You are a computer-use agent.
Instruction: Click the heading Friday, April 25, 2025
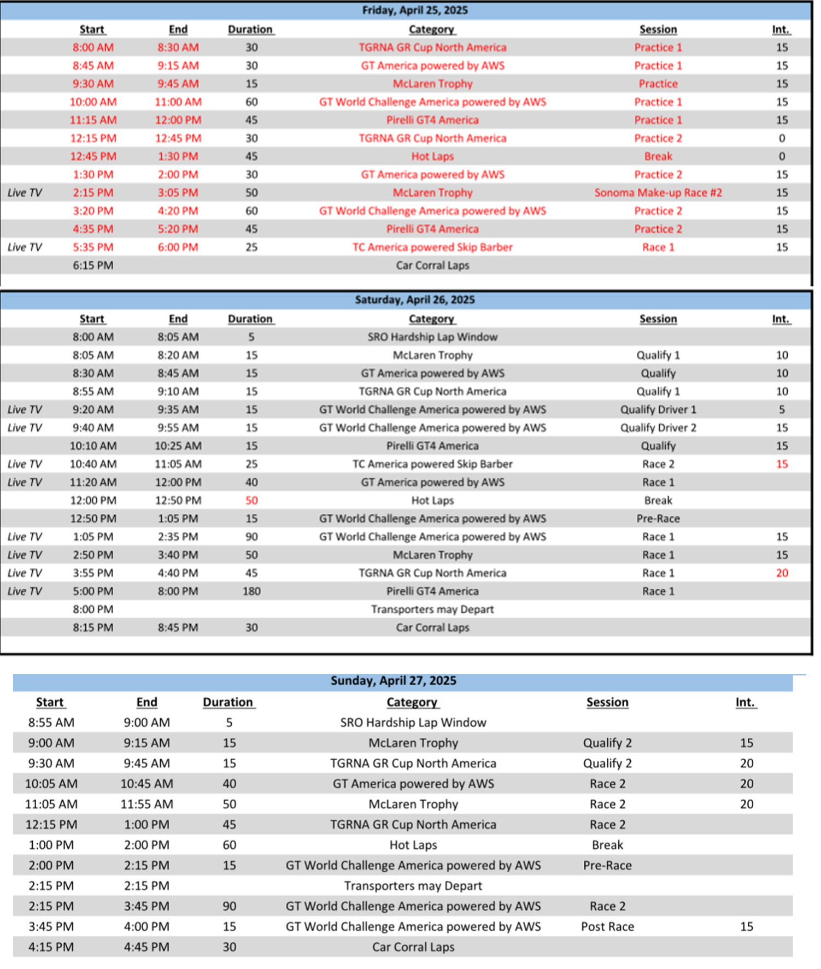click(x=415, y=10)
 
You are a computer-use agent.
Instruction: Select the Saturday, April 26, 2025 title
click(x=415, y=299)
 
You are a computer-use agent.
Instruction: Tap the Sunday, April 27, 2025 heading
click(x=394, y=680)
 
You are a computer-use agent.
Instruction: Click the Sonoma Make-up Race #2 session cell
click(x=658, y=192)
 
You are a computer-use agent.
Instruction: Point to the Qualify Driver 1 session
click(x=658, y=409)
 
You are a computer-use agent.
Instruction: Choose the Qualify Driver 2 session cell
click(x=658, y=427)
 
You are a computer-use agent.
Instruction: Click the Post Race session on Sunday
click(x=607, y=926)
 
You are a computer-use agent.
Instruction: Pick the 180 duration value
click(x=251, y=591)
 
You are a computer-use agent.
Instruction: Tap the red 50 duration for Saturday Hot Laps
click(x=251, y=500)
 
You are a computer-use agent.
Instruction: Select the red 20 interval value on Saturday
click(x=782, y=573)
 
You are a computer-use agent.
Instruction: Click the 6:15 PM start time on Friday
click(x=93, y=265)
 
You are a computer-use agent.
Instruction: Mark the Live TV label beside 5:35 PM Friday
click(x=25, y=247)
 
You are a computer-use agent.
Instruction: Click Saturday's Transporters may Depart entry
click(x=432, y=609)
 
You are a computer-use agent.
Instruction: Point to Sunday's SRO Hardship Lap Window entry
click(x=413, y=723)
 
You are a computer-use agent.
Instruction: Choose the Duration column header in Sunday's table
click(x=228, y=702)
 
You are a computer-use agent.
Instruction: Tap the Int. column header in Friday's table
click(x=781, y=30)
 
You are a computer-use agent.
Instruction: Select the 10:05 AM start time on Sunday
click(x=51, y=784)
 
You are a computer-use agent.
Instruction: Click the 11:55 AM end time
click(x=147, y=804)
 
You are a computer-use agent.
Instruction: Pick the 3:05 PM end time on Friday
click(x=178, y=192)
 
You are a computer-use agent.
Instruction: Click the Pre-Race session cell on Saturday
click(x=658, y=518)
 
